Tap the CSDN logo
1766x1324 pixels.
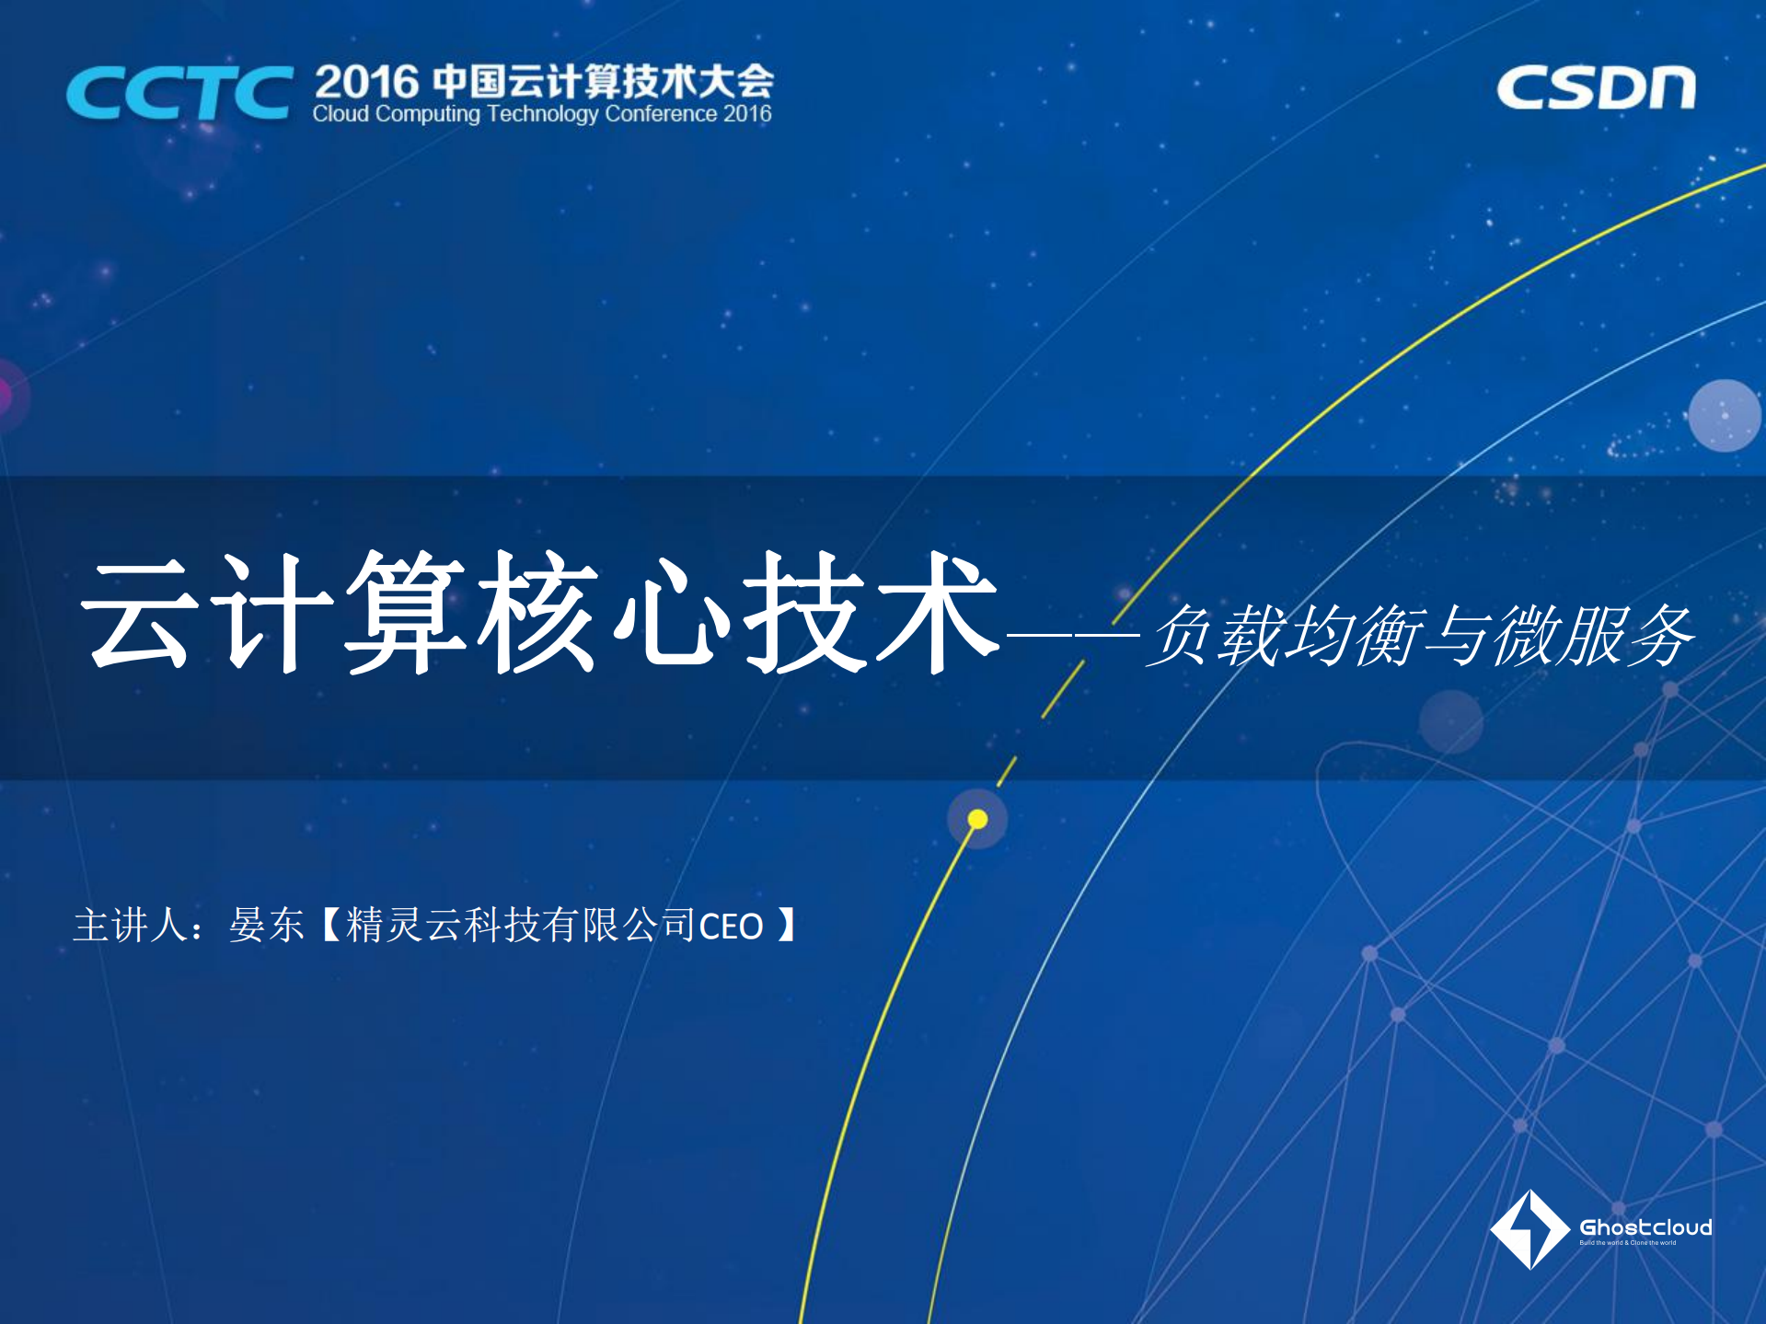pos(1595,88)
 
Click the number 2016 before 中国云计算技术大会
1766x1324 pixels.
pos(366,82)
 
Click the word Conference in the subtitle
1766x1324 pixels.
pos(661,114)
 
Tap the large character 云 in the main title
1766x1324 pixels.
pos(140,611)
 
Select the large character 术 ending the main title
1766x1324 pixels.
pos(937,611)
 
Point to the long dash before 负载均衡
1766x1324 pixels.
pos(1073,633)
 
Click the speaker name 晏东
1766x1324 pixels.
pos(267,925)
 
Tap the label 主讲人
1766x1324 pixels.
pos(130,925)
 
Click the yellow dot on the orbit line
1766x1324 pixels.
pos(977,819)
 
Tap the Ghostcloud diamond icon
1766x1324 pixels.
pos(1529,1229)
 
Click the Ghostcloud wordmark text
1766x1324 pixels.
pos(1645,1227)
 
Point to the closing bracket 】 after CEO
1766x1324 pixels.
pos(786,925)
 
